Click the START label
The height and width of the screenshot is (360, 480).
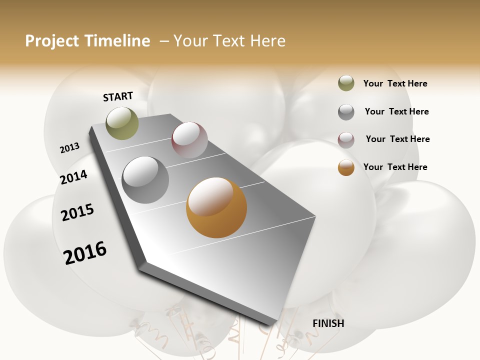(x=118, y=96)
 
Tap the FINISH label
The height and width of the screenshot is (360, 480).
(x=328, y=323)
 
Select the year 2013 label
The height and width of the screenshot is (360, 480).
(x=69, y=148)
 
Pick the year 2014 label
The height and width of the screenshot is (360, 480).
(x=73, y=177)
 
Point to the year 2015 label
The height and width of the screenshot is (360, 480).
(x=77, y=212)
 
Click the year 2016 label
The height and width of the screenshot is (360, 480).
(x=85, y=253)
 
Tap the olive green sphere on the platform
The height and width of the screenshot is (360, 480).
(x=122, y=123)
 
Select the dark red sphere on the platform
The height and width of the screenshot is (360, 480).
(x=189, y=140)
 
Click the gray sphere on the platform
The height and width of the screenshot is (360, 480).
(x=145, y=180)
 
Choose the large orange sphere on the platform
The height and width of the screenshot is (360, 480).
(x=216, y=207)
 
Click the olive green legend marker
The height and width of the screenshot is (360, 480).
(x=346, y=83)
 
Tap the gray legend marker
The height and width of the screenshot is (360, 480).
(x=346, y=112)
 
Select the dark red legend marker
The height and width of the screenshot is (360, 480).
(x=346, y=140)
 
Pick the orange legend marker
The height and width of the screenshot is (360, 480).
(x=346, y=167)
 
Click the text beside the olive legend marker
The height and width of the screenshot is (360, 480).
(x=395, y=83)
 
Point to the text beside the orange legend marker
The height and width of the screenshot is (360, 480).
(x=395, y=167)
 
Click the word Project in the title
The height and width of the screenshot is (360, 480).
(x=52, y=41)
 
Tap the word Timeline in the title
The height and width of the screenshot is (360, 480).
(x=117, y=41)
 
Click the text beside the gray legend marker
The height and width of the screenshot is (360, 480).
(x=396, y=111)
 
